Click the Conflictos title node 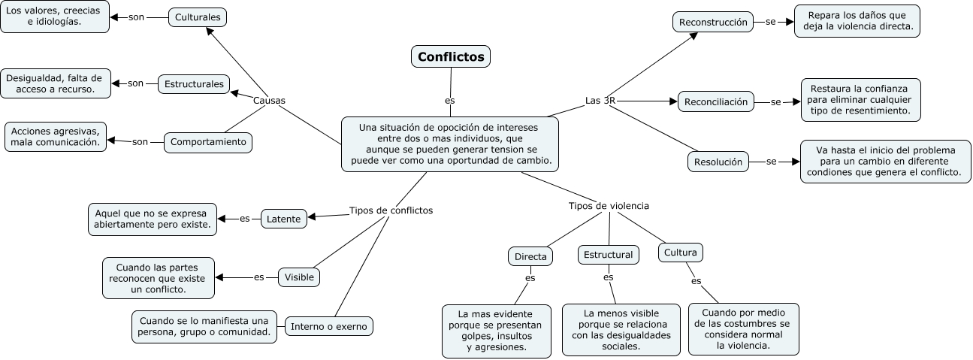pos(451,56)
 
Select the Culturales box pos(198,17)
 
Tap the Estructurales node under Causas pos(194,84)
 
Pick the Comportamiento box pos(208,141)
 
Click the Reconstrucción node pos(713,23)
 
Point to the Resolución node pos(718,161)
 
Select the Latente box pos(283,219)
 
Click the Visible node pos(299,277)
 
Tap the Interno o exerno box pos(329,326)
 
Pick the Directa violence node pos(530,257)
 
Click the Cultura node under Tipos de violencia pos(681,253)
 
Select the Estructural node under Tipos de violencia pos(609,255)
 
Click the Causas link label pos(269,101)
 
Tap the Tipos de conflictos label pos(391,210)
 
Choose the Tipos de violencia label pos(609,205)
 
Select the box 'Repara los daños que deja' pos(857,20)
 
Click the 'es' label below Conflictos pos(450,100)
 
